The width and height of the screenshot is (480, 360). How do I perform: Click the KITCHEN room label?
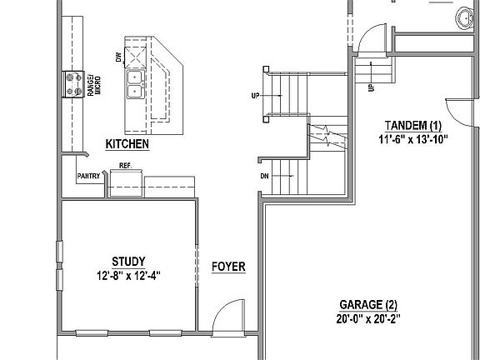127,144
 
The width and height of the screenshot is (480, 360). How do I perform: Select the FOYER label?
227,267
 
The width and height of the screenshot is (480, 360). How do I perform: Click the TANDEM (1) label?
413,126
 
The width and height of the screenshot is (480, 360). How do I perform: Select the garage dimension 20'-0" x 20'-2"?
368,317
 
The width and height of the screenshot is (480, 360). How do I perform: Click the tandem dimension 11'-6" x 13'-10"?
413,140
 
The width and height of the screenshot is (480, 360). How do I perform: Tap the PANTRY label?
88,176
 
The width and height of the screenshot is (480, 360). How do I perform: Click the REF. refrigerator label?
126,166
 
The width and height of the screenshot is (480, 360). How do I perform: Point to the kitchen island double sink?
134,80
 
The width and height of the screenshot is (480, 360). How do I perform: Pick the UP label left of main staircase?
255,96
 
